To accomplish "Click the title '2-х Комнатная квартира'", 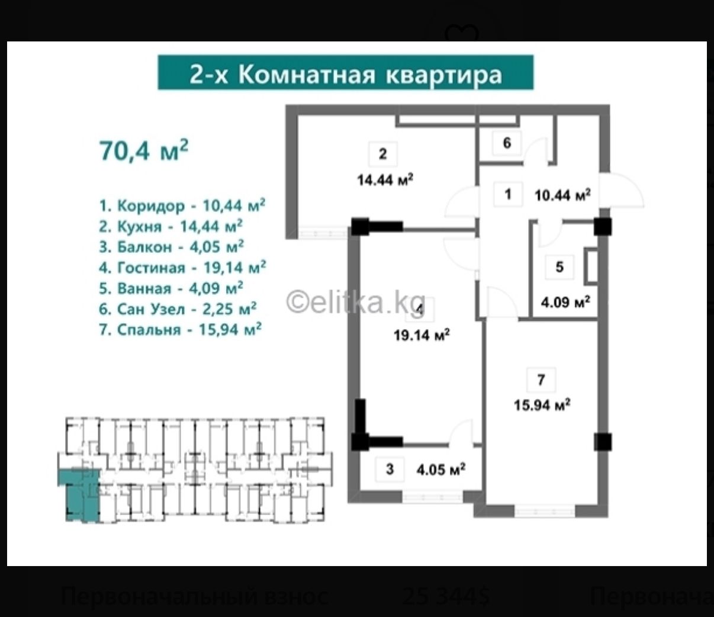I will click(345, 73).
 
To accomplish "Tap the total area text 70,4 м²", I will click(144, 150).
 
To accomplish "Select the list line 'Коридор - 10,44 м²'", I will click(182, 205).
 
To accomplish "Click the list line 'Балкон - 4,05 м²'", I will click(172, 247).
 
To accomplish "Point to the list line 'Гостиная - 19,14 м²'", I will click(182, 268).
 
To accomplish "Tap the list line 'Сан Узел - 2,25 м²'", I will click(178, 309).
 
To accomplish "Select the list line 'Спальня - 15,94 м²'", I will click(181, 330).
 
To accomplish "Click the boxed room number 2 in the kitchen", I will click(382, 155).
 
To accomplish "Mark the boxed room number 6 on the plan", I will click(507, 143).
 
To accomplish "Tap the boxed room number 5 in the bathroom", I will click(559, 267).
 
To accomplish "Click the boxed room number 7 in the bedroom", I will click(541, 380).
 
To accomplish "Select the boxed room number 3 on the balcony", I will click(390, 470).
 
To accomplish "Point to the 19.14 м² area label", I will click(422, 336).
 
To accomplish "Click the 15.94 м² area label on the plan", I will click(542, 406).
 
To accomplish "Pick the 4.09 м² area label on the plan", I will click(565, 303).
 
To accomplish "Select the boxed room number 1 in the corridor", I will click(507, 194).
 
